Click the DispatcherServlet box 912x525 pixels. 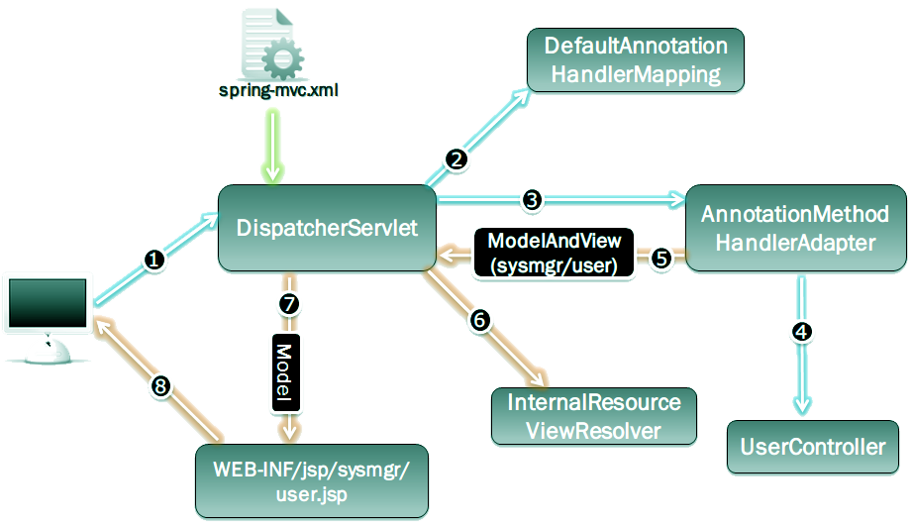coord(327,228)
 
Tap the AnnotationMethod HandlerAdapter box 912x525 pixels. coord(794,227)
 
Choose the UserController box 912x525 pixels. coord(813,447)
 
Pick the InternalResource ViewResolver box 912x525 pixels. coord(594,416)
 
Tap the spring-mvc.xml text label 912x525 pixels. coord(278,92)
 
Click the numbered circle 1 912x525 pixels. coord(154,261)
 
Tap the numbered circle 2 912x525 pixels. coord(456,157)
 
